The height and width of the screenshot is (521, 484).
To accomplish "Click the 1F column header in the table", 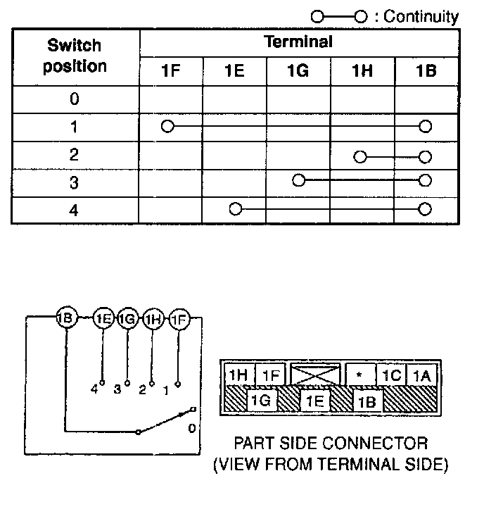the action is tap(171, 71).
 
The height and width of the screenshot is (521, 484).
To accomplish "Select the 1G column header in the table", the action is tap(298, 71).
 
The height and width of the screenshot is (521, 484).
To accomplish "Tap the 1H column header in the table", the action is tap(362, 71).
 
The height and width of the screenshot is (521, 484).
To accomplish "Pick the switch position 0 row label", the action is tap(75, 99).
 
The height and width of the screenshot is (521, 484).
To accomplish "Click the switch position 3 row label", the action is tap(75, 182).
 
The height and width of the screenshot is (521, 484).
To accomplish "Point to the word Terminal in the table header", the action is tap(298, 42).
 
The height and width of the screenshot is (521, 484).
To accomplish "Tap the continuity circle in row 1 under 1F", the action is tap(167, 127).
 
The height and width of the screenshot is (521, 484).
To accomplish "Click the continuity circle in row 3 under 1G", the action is tap(298, 181).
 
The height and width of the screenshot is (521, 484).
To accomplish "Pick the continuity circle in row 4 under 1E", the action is tap(235, 209).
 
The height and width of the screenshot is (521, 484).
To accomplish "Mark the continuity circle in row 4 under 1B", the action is tap(424, 209).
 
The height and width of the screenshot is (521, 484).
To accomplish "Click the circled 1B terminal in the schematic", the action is tap(65, 319).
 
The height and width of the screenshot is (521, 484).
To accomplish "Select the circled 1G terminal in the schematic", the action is tap(127, 319).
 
